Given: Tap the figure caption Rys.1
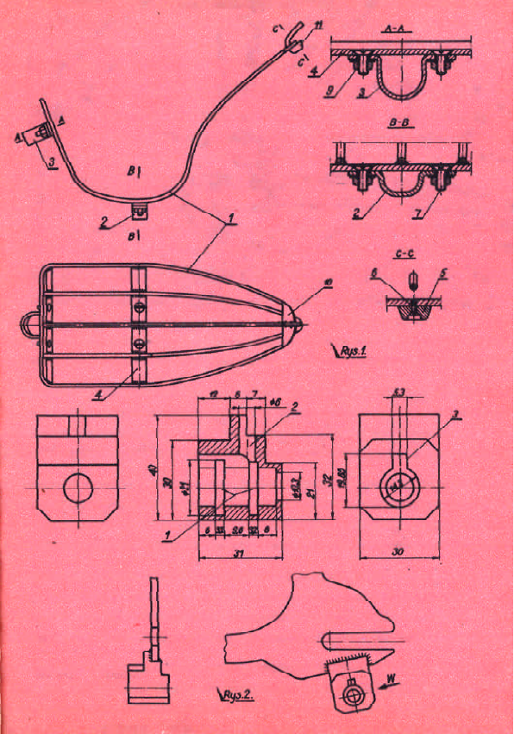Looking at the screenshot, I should coord(349,351).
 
